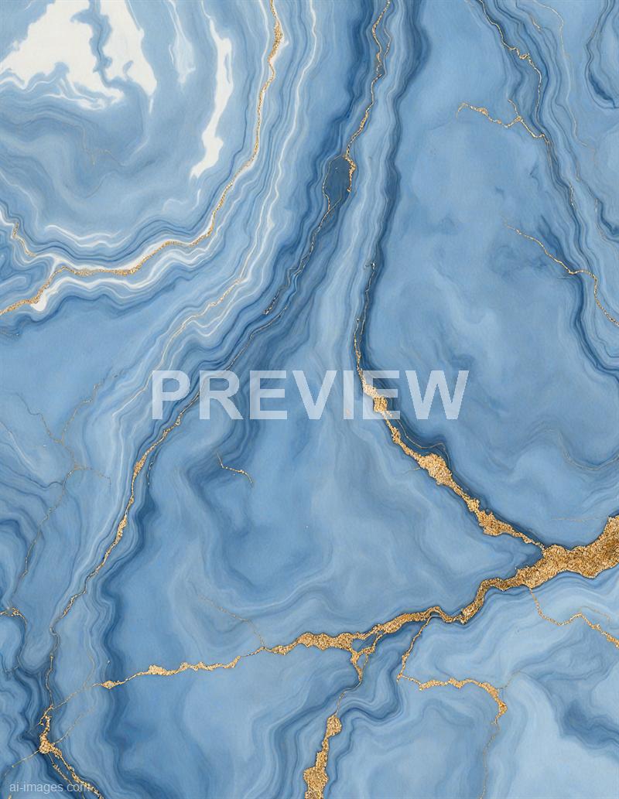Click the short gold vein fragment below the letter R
click(x=233, y=469)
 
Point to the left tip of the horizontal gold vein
click(x=104, y=684)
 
